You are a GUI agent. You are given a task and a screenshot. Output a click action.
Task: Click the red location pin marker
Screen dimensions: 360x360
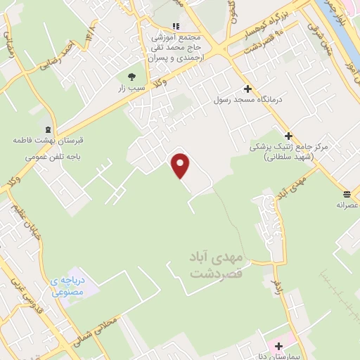tap(181, 166)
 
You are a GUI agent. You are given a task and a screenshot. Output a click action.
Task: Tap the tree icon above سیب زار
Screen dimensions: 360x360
tap(131, 76)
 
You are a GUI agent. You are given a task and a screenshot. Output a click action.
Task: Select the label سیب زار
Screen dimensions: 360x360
tap(131, 89)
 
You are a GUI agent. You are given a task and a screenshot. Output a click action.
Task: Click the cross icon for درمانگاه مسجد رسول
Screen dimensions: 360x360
tap(247, 89)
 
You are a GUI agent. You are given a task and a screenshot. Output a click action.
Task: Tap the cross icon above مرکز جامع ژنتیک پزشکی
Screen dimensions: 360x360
tap(288, 135)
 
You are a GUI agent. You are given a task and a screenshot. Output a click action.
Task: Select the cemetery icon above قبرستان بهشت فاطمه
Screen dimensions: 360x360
tap(48, 129)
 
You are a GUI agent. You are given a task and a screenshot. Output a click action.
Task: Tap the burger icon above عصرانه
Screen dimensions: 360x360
tap(347, 193)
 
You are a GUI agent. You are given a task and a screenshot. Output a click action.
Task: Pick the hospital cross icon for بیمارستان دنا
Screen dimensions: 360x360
tap(280, 346)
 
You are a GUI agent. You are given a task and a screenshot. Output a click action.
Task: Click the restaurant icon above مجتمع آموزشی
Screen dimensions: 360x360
tap(176, 26)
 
